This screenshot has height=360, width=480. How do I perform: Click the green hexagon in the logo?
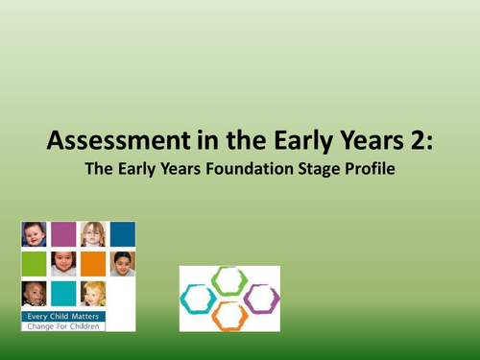coord(229,280)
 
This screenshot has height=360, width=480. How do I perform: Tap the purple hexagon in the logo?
coord(260,298)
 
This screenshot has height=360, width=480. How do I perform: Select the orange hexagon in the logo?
coord(229,315)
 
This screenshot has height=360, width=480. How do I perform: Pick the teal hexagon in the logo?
coord(199,299)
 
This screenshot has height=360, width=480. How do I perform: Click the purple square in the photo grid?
coord(63,234)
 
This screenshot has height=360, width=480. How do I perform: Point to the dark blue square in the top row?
coord(122,234)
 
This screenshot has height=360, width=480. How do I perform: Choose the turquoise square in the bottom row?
coord(63,293)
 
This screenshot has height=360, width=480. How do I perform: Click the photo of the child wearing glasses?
coord(93,234)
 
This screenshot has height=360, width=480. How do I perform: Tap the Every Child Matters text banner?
coord(63,314)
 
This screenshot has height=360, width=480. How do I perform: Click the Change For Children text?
coord(63,325)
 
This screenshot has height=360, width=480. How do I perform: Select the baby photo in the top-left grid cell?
coord(34,234)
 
